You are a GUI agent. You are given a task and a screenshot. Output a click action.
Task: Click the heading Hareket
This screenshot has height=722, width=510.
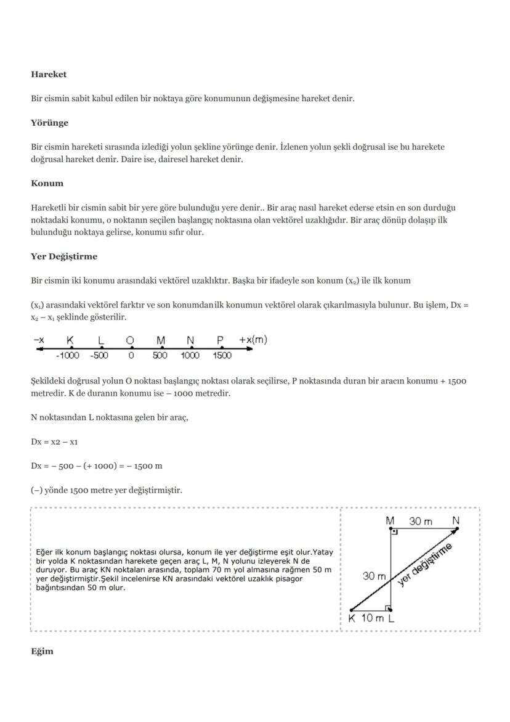tap(49, 74)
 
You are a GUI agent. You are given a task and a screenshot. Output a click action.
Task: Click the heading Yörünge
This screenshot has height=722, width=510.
tap(49, 123)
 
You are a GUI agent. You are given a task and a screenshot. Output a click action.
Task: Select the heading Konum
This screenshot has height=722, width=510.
tap(47, 183)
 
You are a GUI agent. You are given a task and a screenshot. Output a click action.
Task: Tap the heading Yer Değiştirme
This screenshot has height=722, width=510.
tap(64, 256)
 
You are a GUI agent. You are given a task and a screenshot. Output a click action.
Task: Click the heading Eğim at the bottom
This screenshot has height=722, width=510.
tap(42, 651)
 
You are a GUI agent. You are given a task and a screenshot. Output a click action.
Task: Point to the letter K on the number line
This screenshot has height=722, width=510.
tap(70, 340)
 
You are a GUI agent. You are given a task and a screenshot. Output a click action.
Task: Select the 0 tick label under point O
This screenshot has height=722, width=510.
tap(130, 356)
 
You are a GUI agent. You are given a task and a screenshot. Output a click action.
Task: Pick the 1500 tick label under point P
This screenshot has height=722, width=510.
tap(222, 356)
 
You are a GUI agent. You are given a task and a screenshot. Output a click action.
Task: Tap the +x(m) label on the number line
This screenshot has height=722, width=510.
tap(253, 340)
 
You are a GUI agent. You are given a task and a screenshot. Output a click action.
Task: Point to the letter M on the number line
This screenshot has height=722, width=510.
tap(161, 340)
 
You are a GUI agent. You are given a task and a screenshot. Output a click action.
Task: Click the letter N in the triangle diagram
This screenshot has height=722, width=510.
tap(456, 521)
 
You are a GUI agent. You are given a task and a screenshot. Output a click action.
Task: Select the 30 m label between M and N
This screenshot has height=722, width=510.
tap(421, 522)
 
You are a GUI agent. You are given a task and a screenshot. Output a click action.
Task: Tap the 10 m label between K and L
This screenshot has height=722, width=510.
tap(371, 618)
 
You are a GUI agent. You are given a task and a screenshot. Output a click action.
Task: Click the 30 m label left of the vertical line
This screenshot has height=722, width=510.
tap(374, 576)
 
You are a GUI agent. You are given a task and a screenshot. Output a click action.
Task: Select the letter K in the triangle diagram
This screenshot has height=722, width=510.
tap(352, 618)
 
